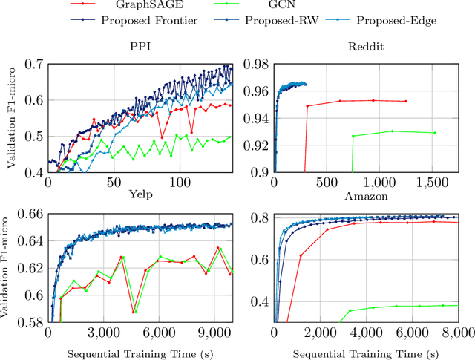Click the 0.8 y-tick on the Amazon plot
260,217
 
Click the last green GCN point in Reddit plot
434,133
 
